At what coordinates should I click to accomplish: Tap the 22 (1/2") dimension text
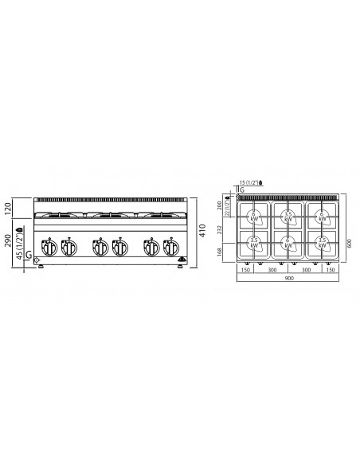click(x=227, y=209)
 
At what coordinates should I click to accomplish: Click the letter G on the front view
click(x=29, y=254)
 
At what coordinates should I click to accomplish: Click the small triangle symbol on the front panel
click(x=182, y=258)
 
